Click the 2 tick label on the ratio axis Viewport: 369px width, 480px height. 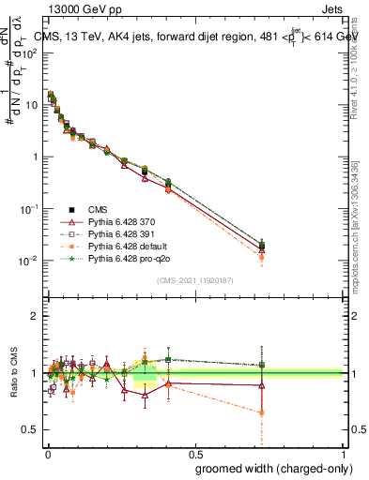(34, 316)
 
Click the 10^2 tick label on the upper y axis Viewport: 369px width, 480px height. (29, 52)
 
